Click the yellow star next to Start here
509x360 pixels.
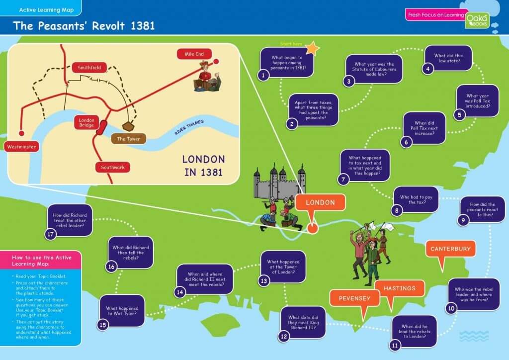(312, 48)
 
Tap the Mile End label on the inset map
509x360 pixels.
(194, 54)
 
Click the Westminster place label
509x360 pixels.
(21, 147)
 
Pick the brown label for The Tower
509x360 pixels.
(128, 139)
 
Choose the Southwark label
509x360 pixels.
(112, 167)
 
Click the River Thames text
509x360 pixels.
(189, 127)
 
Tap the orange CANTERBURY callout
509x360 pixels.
(450, 249)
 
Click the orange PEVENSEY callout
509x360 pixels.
(354, 298)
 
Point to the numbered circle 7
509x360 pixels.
(343, 180)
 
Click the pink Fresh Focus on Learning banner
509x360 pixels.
(435, 15)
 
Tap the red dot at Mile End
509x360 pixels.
(217, 61)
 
